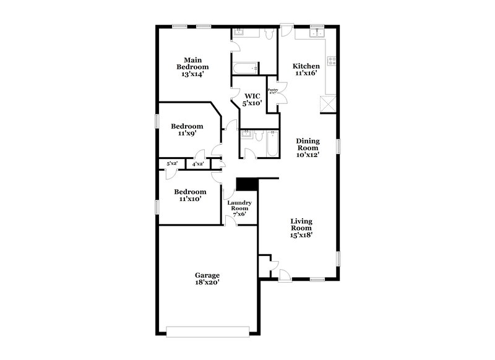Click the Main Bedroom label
(192, 67)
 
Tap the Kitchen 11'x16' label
(306, 69)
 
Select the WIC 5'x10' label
(251, 100)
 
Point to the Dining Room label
(307, 147)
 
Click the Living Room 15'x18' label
(302, 228)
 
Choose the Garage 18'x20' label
(207, 278)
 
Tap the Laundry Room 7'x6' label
(238, 208)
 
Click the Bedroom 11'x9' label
(187, 129)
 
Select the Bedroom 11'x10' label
(189, 195)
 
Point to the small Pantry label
(272, 91)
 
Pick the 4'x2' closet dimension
(198, 164)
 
